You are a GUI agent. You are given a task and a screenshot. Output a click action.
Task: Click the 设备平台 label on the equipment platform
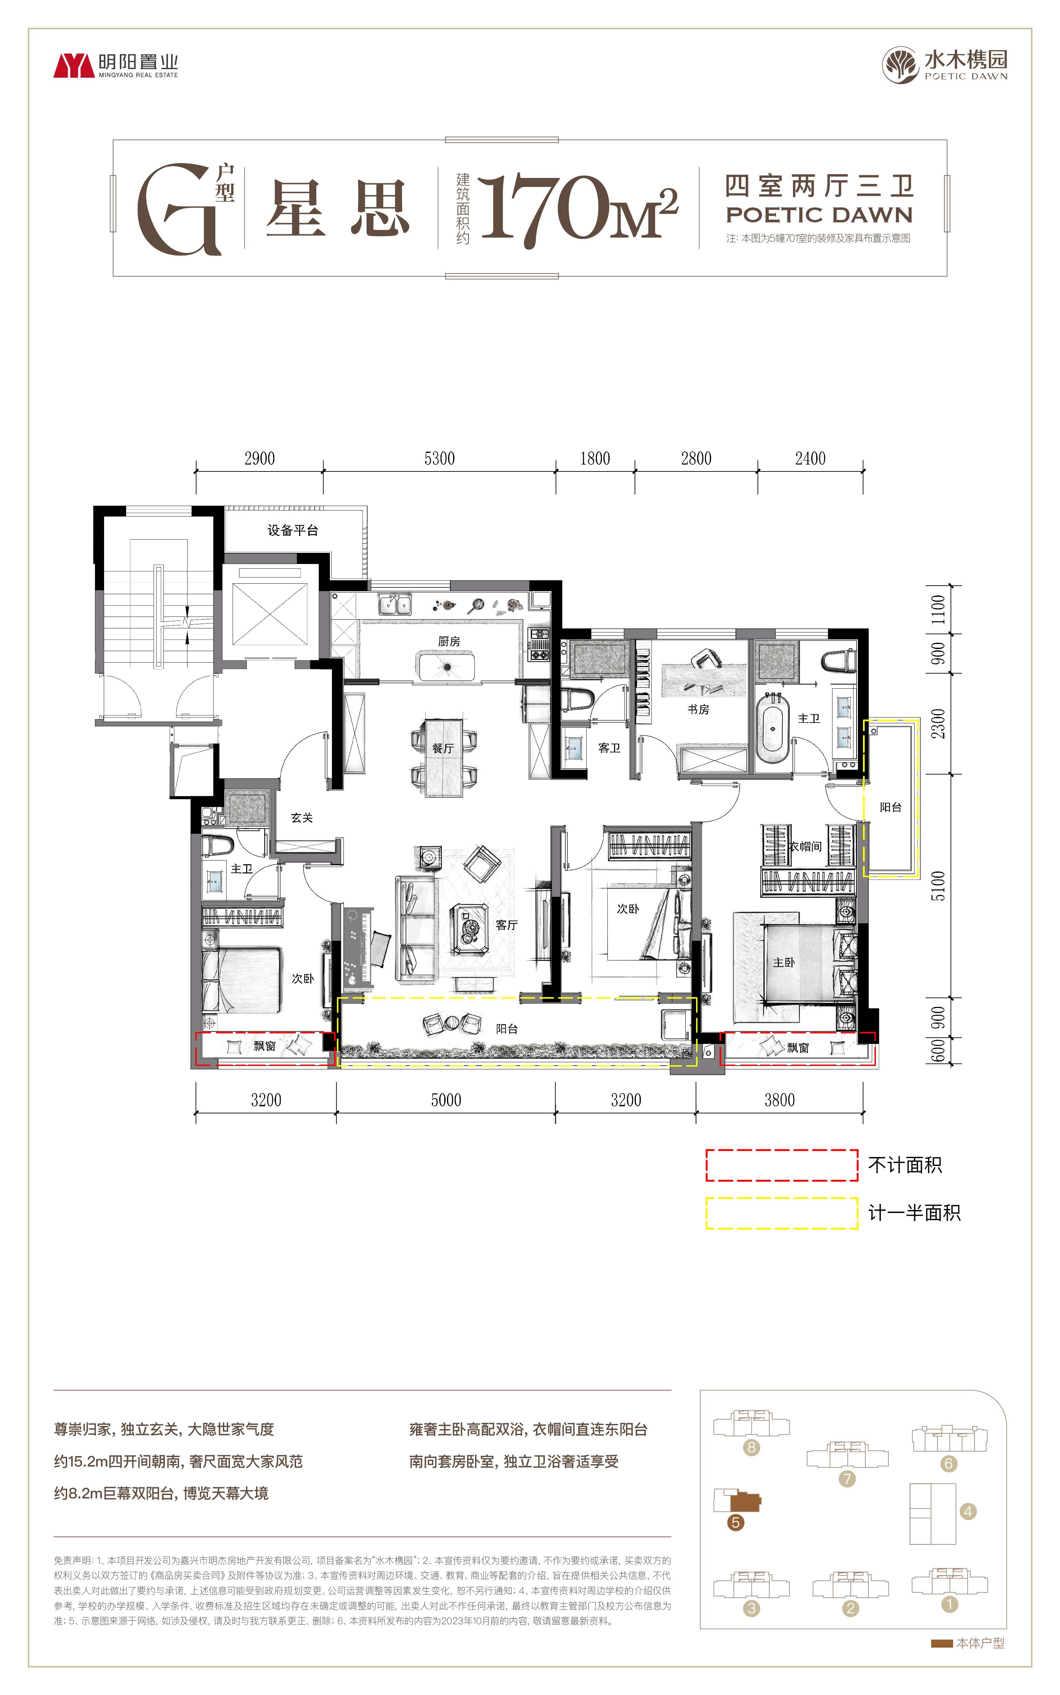point(293,530)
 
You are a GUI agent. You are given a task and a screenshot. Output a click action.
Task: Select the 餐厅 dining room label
point(443,748)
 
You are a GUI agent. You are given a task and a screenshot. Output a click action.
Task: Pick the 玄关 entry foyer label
point(302,818)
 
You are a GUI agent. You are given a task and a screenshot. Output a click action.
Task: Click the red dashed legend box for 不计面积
point(782,1165)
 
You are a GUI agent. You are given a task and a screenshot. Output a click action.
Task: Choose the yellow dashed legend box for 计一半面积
point(782,1213)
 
